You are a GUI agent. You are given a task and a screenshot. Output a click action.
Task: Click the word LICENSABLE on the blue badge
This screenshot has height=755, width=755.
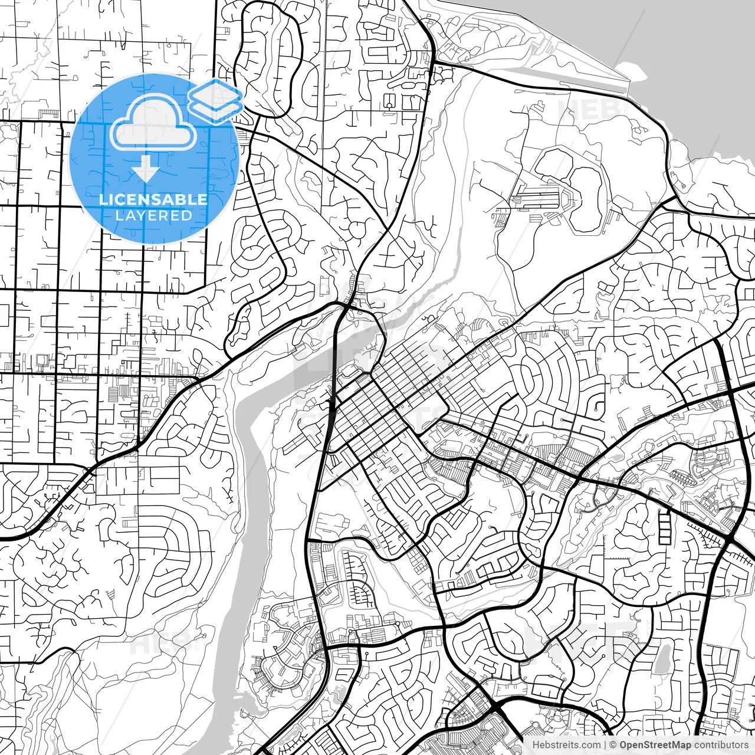coord(153,199)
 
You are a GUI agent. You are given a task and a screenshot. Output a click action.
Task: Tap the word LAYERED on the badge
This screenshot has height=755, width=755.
coord(153,215)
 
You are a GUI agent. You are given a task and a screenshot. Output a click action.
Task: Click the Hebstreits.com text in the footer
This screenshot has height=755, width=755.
coord(566,745)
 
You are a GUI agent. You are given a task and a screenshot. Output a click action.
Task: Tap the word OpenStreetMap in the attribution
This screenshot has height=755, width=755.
coord(655,745)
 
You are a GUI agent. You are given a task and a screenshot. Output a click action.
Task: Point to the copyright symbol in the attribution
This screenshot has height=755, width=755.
coord(613,745)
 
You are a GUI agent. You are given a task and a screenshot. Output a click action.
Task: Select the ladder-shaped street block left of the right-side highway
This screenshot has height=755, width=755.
coord(665,526)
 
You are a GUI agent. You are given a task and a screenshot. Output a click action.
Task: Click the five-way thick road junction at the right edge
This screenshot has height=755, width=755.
coord(730,540)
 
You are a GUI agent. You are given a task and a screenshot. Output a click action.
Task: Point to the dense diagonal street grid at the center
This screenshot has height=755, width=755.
coord(377,413)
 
